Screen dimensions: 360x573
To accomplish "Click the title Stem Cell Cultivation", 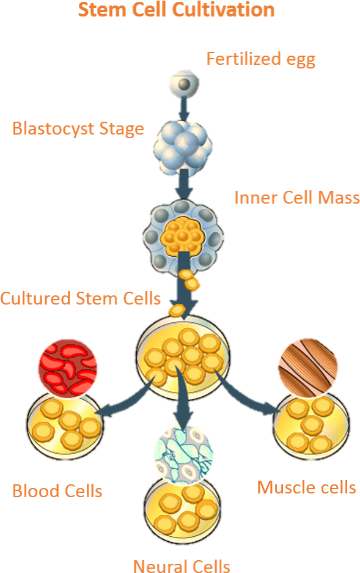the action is pos(177,10).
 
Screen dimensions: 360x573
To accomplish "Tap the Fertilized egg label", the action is pos(261,59).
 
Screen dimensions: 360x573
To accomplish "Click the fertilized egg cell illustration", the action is pos(185,85).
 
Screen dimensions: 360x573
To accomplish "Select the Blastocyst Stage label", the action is pos(78,129).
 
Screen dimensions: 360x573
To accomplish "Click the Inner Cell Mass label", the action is pos(297,198).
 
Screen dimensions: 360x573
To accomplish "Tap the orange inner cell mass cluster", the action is pos(181,235).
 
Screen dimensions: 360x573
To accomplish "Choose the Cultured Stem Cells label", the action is pos(80,298).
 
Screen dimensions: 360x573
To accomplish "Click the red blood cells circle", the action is pos(68,368).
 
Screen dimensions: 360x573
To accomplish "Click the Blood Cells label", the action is pos(57,491).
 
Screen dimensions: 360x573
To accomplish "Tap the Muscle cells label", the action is pos(306,487).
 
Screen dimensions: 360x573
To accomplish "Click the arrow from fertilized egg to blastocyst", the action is pos(185,108).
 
